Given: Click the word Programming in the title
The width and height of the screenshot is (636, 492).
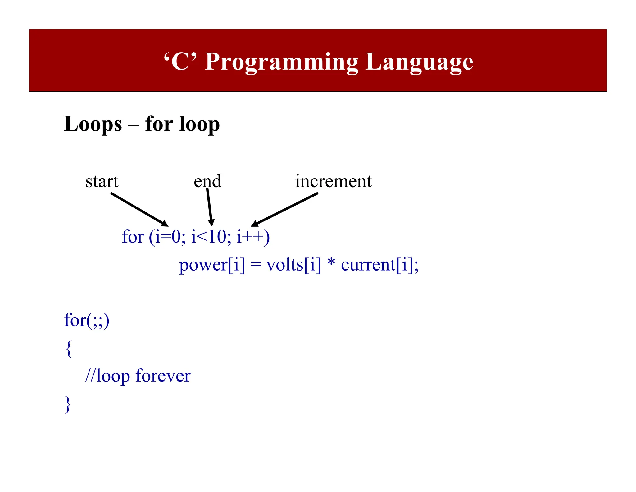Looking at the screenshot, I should (x=281, y=62).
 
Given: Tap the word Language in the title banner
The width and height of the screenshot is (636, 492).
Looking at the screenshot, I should (x=419, y=62).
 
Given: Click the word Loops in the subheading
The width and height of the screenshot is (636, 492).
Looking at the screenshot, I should (x=93, y=124).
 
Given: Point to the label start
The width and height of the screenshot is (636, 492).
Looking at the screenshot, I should (x=102, y=181).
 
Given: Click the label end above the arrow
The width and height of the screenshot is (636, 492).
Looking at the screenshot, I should (x=207, y=181).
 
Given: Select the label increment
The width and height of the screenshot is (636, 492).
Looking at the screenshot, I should (x=333, y=181).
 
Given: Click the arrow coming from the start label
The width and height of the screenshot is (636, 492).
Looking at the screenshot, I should (x=139, y=209).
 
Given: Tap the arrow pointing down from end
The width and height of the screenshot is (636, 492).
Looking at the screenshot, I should (x=210, y=207).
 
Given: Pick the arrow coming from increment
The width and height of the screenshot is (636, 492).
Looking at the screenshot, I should (x=284, y=209).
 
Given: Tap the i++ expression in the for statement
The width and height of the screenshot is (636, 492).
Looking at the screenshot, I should (x=250, y=237).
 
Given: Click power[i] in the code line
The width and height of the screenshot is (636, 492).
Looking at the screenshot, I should (x=212, y=265).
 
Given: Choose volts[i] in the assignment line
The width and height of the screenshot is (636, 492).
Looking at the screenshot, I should (x=293, y=265).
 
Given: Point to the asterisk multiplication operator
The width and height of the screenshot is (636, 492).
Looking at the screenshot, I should (x=331, y=263).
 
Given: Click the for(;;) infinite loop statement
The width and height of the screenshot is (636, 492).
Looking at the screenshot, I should (x=87, y=320).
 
